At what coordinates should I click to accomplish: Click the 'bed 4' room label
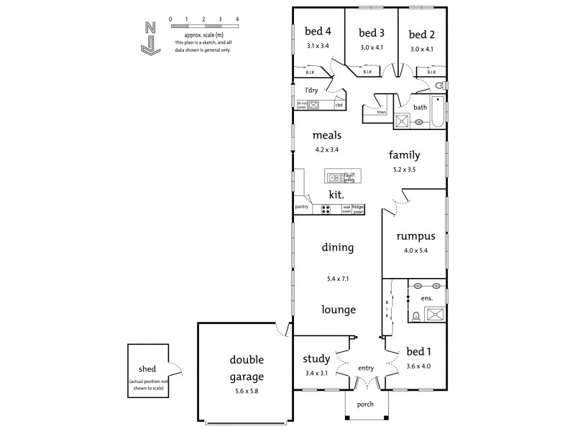[x=318, y=32]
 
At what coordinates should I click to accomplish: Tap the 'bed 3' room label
[x=372, y=33]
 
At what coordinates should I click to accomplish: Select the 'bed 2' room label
[x=423, y=34]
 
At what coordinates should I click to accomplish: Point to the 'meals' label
[x=326, y=135]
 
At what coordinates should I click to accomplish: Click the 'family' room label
[x=405, y=154]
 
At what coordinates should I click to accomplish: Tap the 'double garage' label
[x=247, y=368]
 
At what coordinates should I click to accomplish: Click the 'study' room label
[x=317, y=358]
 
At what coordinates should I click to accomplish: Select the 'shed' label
[x=147, y=369]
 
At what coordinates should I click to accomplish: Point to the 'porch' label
[x=365, y=404]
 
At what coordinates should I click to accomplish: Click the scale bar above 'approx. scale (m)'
[x=204, y=26]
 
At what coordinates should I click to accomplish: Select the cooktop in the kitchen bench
[x=326, y=210]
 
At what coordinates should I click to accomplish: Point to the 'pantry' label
[x=302, y=207]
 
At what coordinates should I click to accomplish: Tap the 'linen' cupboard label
[x=382, y=112]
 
